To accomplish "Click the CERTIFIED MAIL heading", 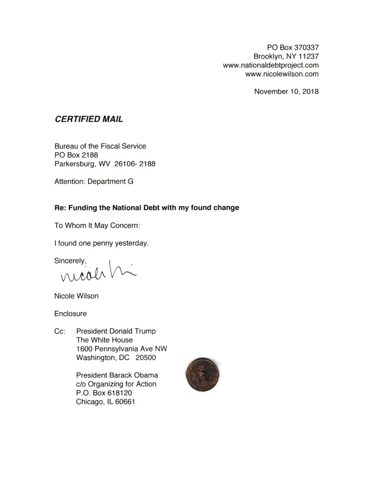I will coord(89,119).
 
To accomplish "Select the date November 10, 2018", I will coord(286,92).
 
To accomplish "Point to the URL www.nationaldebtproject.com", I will coord(271,65).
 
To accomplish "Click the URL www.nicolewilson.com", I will coord(282,74).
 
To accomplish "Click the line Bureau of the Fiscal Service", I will coord(100,146).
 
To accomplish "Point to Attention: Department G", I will coord(93,181).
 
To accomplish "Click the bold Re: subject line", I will coord(146,208).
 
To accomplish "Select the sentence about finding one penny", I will coord(101,243).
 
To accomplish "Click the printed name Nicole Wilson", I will coord(76,296).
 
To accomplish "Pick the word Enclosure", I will coord(70,314).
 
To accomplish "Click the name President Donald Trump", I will coord(116,331).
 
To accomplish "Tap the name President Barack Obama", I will coord(117,375).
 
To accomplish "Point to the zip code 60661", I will coord(124,402).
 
